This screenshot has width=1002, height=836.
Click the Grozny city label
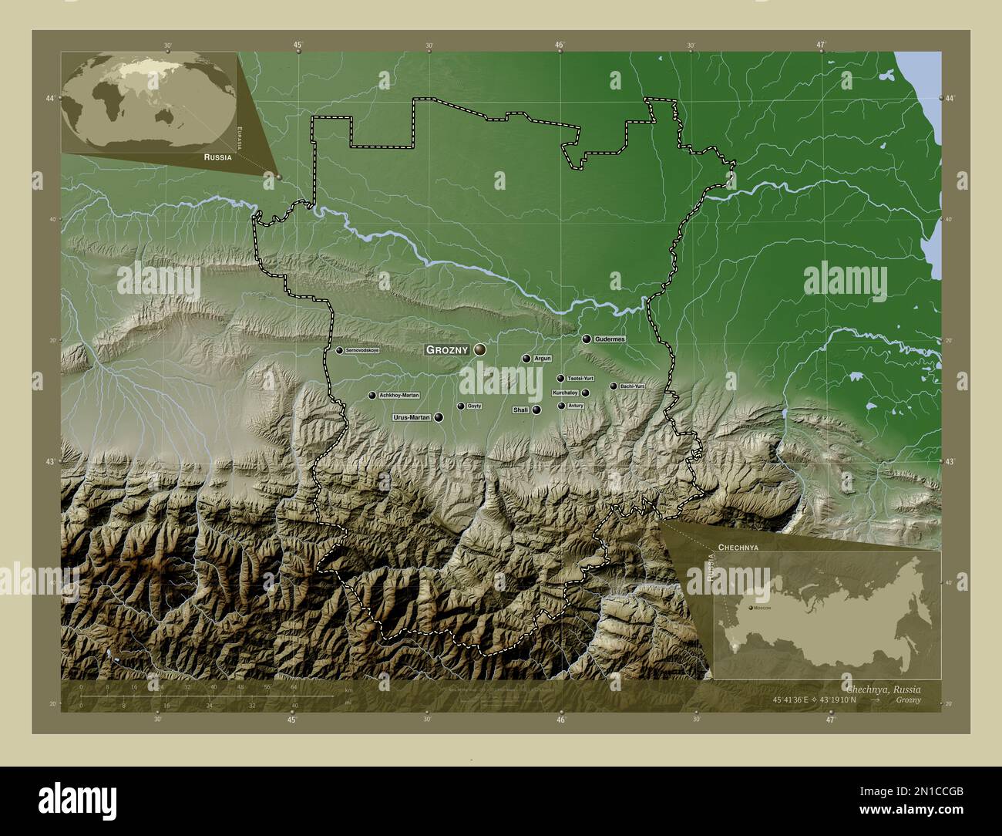click(447, 350)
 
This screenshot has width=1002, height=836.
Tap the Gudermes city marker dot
click(587, 339)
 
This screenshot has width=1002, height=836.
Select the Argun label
click(543, 359)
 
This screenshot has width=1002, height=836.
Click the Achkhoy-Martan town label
click(399, 395)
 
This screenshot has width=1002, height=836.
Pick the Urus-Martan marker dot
click(439, 417)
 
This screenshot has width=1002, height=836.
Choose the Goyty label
click(474, 406)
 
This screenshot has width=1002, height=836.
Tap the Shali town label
click(520, 410)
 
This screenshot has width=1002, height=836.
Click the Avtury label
click(576, 406)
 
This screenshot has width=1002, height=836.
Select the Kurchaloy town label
click(565, 393)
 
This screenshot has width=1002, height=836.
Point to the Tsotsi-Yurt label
click(580, 379)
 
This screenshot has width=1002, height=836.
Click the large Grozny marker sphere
click(480, 349)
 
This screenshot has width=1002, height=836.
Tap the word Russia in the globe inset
click(217, 157)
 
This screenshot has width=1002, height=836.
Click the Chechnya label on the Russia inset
click(738, 546)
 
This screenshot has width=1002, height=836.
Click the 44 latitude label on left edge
click(49, 99)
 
